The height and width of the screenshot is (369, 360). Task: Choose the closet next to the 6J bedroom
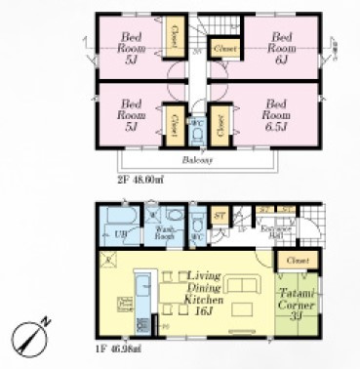point(224,46)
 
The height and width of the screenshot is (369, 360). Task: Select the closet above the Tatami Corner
point(298,261)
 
